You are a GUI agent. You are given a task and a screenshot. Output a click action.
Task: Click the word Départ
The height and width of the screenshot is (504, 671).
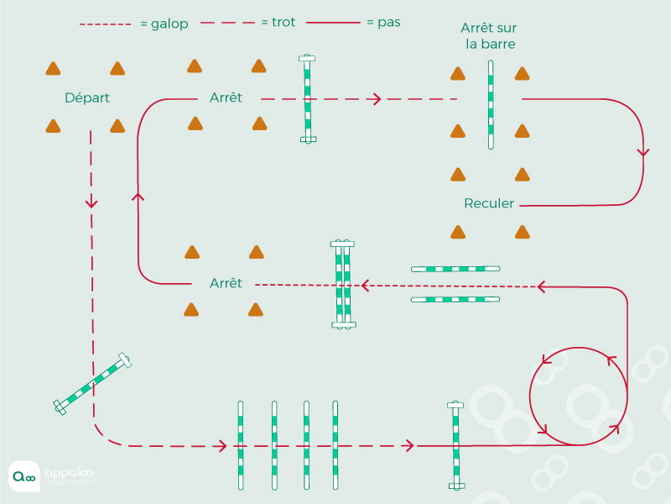click(87, 98)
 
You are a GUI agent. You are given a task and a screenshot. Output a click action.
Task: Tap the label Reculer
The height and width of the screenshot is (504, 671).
click(489, 203)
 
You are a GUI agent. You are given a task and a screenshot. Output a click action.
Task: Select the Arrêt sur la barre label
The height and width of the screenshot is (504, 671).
click(489, 35)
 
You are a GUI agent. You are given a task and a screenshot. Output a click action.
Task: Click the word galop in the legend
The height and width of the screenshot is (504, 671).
click(169, 24)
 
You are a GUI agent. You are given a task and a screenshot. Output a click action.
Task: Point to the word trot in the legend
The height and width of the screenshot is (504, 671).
click(283, 22)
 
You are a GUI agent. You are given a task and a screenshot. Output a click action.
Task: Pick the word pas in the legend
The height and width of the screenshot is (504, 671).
click(389, 23)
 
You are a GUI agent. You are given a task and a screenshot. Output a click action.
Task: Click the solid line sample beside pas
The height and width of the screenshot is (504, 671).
click(333, 23)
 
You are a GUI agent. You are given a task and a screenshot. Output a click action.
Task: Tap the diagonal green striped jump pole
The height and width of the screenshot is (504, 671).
click(92, 384)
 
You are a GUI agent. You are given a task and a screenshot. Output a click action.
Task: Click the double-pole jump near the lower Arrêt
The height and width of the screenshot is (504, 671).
click(343, 284)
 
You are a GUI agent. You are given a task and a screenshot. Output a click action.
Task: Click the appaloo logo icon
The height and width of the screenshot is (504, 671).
click(24, 476)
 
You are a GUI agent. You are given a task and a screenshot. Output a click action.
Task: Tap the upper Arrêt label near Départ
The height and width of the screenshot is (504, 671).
click(226, 97)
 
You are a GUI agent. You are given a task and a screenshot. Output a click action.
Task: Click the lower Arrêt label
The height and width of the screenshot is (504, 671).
click(226, 283)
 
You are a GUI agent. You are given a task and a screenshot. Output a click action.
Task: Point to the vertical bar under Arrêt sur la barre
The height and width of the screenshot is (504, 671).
click(491, 104)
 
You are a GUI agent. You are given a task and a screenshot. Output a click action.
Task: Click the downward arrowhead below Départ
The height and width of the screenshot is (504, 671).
click(91, 202)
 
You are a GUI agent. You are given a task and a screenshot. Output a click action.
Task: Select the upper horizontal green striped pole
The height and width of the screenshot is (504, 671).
click(455, 269)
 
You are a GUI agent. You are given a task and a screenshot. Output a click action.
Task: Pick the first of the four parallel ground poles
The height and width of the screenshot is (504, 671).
click(241, 445)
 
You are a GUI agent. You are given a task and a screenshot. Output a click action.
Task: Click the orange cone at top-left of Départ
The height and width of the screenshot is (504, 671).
click(53, 69)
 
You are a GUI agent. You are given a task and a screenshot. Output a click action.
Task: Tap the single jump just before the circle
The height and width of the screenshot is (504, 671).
click(455, 445)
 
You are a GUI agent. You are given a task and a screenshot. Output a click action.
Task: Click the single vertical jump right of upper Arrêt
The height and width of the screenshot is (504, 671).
click(307, 98)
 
